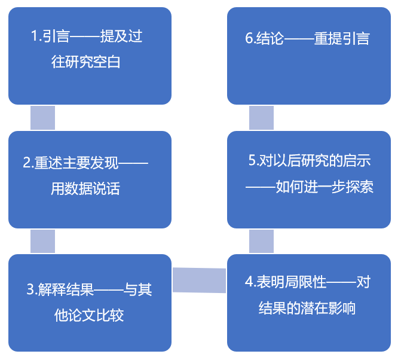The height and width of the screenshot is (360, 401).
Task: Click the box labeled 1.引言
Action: tap(90, 56)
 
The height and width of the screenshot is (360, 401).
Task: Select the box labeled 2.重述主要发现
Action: tap(90, 179)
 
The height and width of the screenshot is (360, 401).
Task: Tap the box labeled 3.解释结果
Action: tap(90, 302)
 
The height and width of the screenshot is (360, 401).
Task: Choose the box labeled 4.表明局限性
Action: tap(309, 302)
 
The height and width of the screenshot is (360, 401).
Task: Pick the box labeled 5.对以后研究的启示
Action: tap(309, 179)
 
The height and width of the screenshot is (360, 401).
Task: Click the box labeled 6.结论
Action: tap(309, 56)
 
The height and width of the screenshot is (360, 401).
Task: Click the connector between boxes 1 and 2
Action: tap(43, 118)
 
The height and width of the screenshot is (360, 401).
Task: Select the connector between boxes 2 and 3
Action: tap(43, 241)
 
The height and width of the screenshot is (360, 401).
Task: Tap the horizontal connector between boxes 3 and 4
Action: tap(199, 280)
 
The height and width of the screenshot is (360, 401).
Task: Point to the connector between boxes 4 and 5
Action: tap(262, 241)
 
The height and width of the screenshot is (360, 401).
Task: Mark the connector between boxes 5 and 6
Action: tap(262, 118)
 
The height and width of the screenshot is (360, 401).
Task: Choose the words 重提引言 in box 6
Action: tap(342, 39)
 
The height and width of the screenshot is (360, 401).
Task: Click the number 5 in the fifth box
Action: tap(252, 161)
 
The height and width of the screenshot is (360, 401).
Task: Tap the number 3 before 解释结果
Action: tap(30, 291)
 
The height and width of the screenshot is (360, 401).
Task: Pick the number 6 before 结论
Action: tap(249, 39)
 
